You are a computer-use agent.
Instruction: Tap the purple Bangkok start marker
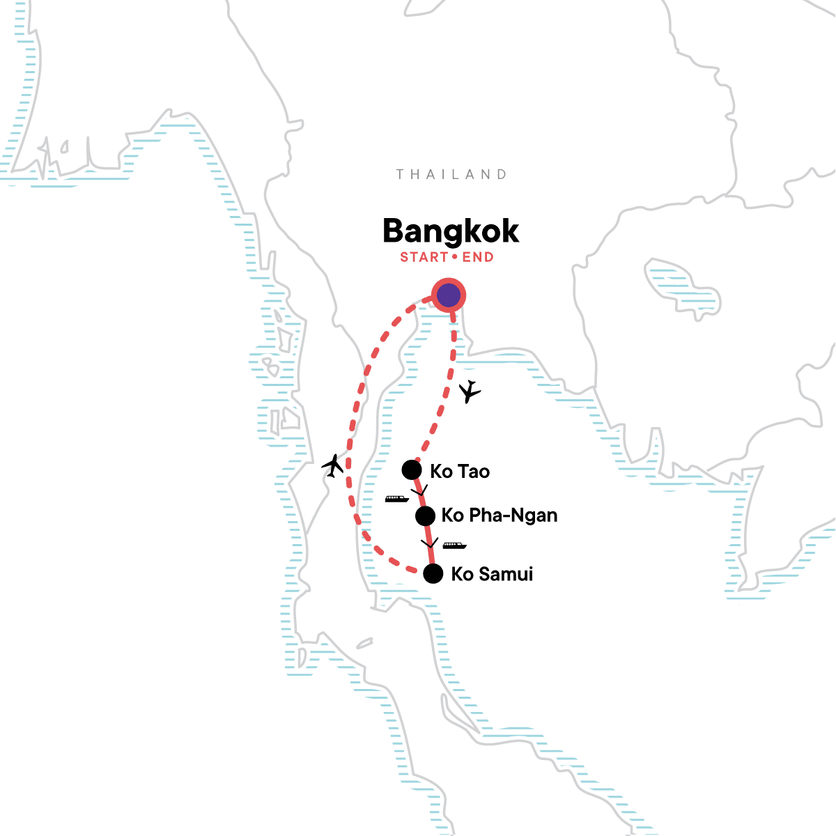(x=449, y=295)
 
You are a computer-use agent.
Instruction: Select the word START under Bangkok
(x=424, y=257)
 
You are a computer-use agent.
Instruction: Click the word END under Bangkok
(x=478, y=257)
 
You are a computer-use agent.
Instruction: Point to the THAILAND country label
(x=451, y=174)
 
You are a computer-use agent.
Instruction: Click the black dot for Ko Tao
(x=412, y=470)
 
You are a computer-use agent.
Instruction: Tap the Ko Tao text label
(x=460, y=472)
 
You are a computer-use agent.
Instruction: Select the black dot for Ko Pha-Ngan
(x=425, y=516)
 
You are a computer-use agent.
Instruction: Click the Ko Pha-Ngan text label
(x=500, y=516)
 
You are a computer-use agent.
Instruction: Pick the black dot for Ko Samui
(x=433, y=573)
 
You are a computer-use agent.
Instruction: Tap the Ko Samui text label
(x=492, y=574)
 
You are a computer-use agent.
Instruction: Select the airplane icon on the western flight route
(x=334, y=465)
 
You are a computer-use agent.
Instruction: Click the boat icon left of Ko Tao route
(x=397, y=499)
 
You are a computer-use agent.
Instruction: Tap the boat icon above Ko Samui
(x=454, y=545)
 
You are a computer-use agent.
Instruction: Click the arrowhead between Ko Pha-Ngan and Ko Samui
(x=429, y=542)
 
